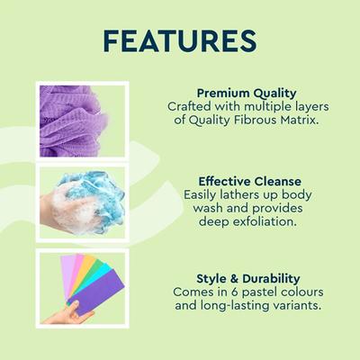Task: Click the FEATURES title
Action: [180, 43]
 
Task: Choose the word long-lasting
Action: [231, 307]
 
